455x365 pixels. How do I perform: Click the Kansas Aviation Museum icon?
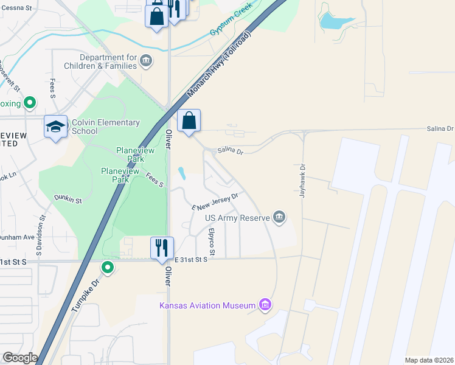coord(265,304)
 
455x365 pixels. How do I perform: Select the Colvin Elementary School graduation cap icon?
coord(55,127)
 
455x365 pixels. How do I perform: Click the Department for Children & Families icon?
coord(146,61)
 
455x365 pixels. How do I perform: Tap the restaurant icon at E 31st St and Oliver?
coord(162,248)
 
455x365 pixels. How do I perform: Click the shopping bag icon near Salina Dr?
coord(189,120)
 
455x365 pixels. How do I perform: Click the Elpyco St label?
coord(212,242)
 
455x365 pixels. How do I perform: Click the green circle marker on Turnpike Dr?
coord(108,267)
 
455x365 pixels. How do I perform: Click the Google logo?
coord(19,358)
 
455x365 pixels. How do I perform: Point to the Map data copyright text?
coord(429,360)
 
